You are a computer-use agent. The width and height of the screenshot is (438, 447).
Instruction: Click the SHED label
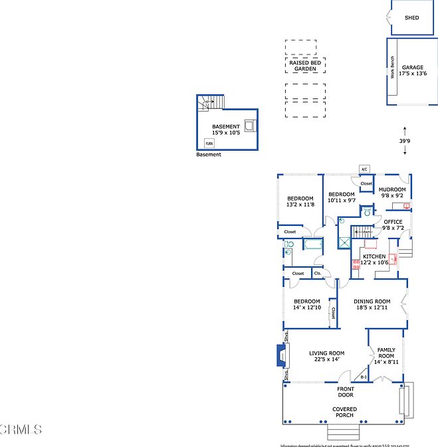(x=412, y=17)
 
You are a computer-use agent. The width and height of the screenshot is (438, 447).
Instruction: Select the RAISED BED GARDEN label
(x=306, y=66)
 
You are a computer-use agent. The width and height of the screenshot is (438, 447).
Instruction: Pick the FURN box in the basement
(x=209, y=143)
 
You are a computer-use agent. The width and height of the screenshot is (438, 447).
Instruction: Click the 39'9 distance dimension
(x=405, y=141)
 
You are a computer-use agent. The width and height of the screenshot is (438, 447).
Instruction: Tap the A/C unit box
(x=364, y=169)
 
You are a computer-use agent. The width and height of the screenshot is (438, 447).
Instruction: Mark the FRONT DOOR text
(x=345, y=392)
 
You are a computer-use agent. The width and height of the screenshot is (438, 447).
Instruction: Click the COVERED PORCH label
(x=345, y=412)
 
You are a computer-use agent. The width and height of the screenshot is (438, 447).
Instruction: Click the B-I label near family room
(x=364, y=377)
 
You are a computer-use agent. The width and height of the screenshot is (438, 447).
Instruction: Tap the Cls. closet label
(x=318, y=273)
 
